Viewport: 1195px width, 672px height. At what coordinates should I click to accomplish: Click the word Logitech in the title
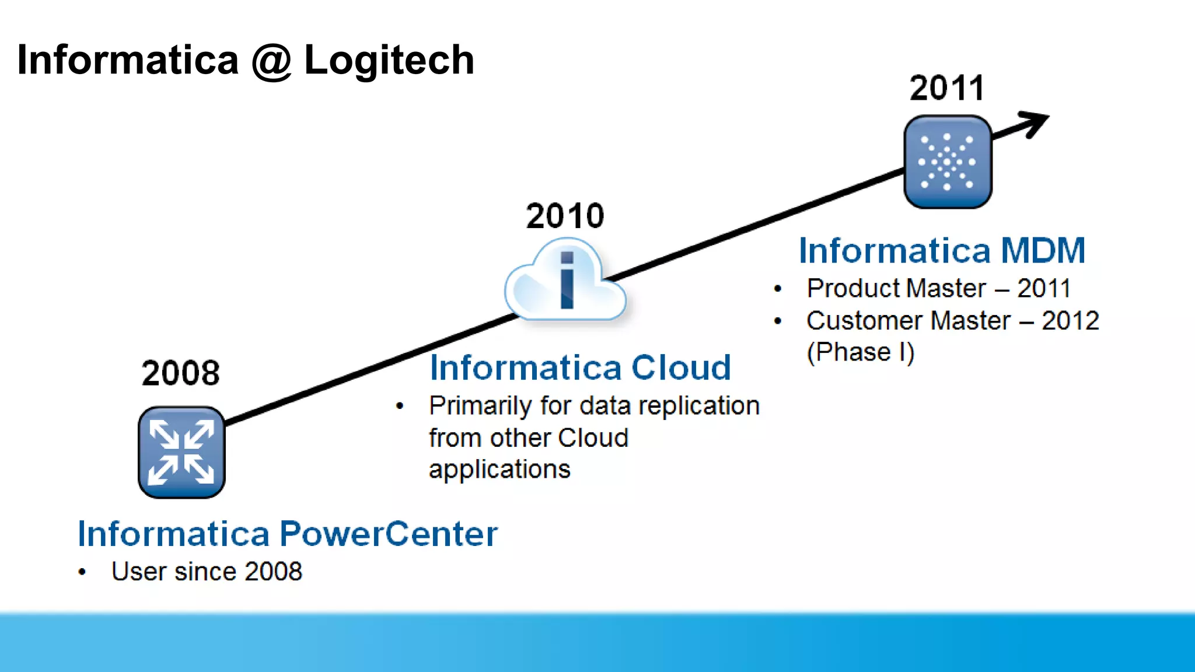[389, 61]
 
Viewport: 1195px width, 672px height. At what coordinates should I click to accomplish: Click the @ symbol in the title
[271, 61]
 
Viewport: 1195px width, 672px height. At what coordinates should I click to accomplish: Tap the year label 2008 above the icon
[181, 373]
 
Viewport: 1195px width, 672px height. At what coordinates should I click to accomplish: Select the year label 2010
[565, 216]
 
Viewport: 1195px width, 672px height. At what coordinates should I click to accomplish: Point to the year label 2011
[947, 88]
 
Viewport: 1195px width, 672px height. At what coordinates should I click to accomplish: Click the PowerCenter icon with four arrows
[181, 453]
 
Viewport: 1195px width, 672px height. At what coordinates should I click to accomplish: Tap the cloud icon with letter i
[565, 282]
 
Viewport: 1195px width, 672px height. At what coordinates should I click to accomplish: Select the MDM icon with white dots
[948, 162]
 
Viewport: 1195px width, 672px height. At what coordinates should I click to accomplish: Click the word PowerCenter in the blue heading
[389, 533]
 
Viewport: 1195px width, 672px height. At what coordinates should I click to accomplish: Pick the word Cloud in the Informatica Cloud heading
[681, 367]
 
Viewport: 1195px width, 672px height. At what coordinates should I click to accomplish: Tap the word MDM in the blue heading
[1043, 250]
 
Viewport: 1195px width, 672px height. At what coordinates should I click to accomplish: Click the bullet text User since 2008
[207, 572]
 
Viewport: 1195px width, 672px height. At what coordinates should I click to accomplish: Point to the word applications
[499, 470]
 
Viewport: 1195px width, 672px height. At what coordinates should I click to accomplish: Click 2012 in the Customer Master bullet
[1071, 321]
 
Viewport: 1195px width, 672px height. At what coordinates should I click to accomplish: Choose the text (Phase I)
[860, 352]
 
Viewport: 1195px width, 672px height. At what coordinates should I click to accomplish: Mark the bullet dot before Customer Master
[778, 321]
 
